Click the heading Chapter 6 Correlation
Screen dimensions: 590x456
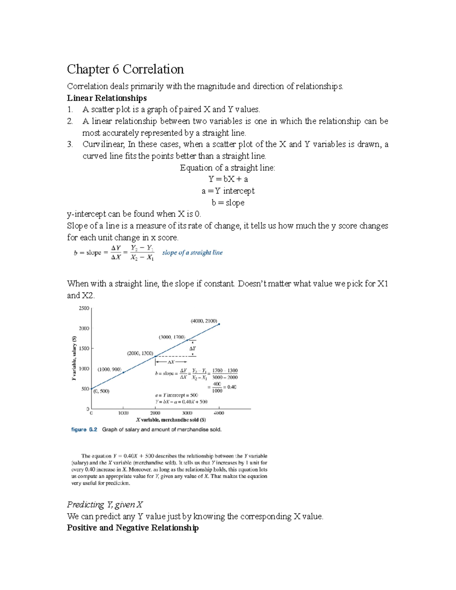[125, 69]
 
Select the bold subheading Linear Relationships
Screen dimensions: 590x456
[107, 98]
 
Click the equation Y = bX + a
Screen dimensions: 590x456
[228, 179]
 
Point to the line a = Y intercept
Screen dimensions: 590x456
[228, 191]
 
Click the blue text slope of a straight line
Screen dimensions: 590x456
[192, 253]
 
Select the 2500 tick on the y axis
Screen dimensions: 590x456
[84, 308]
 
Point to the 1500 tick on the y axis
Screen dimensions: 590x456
[84, 348]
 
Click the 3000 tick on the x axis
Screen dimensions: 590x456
[187, 413]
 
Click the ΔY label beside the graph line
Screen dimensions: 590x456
[193, 348]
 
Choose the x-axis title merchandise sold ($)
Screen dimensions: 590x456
[171, 420]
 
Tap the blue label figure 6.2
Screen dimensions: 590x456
[84, 430]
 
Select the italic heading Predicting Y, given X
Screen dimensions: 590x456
[105, 505]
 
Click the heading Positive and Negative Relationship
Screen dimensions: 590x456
[133, 528]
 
